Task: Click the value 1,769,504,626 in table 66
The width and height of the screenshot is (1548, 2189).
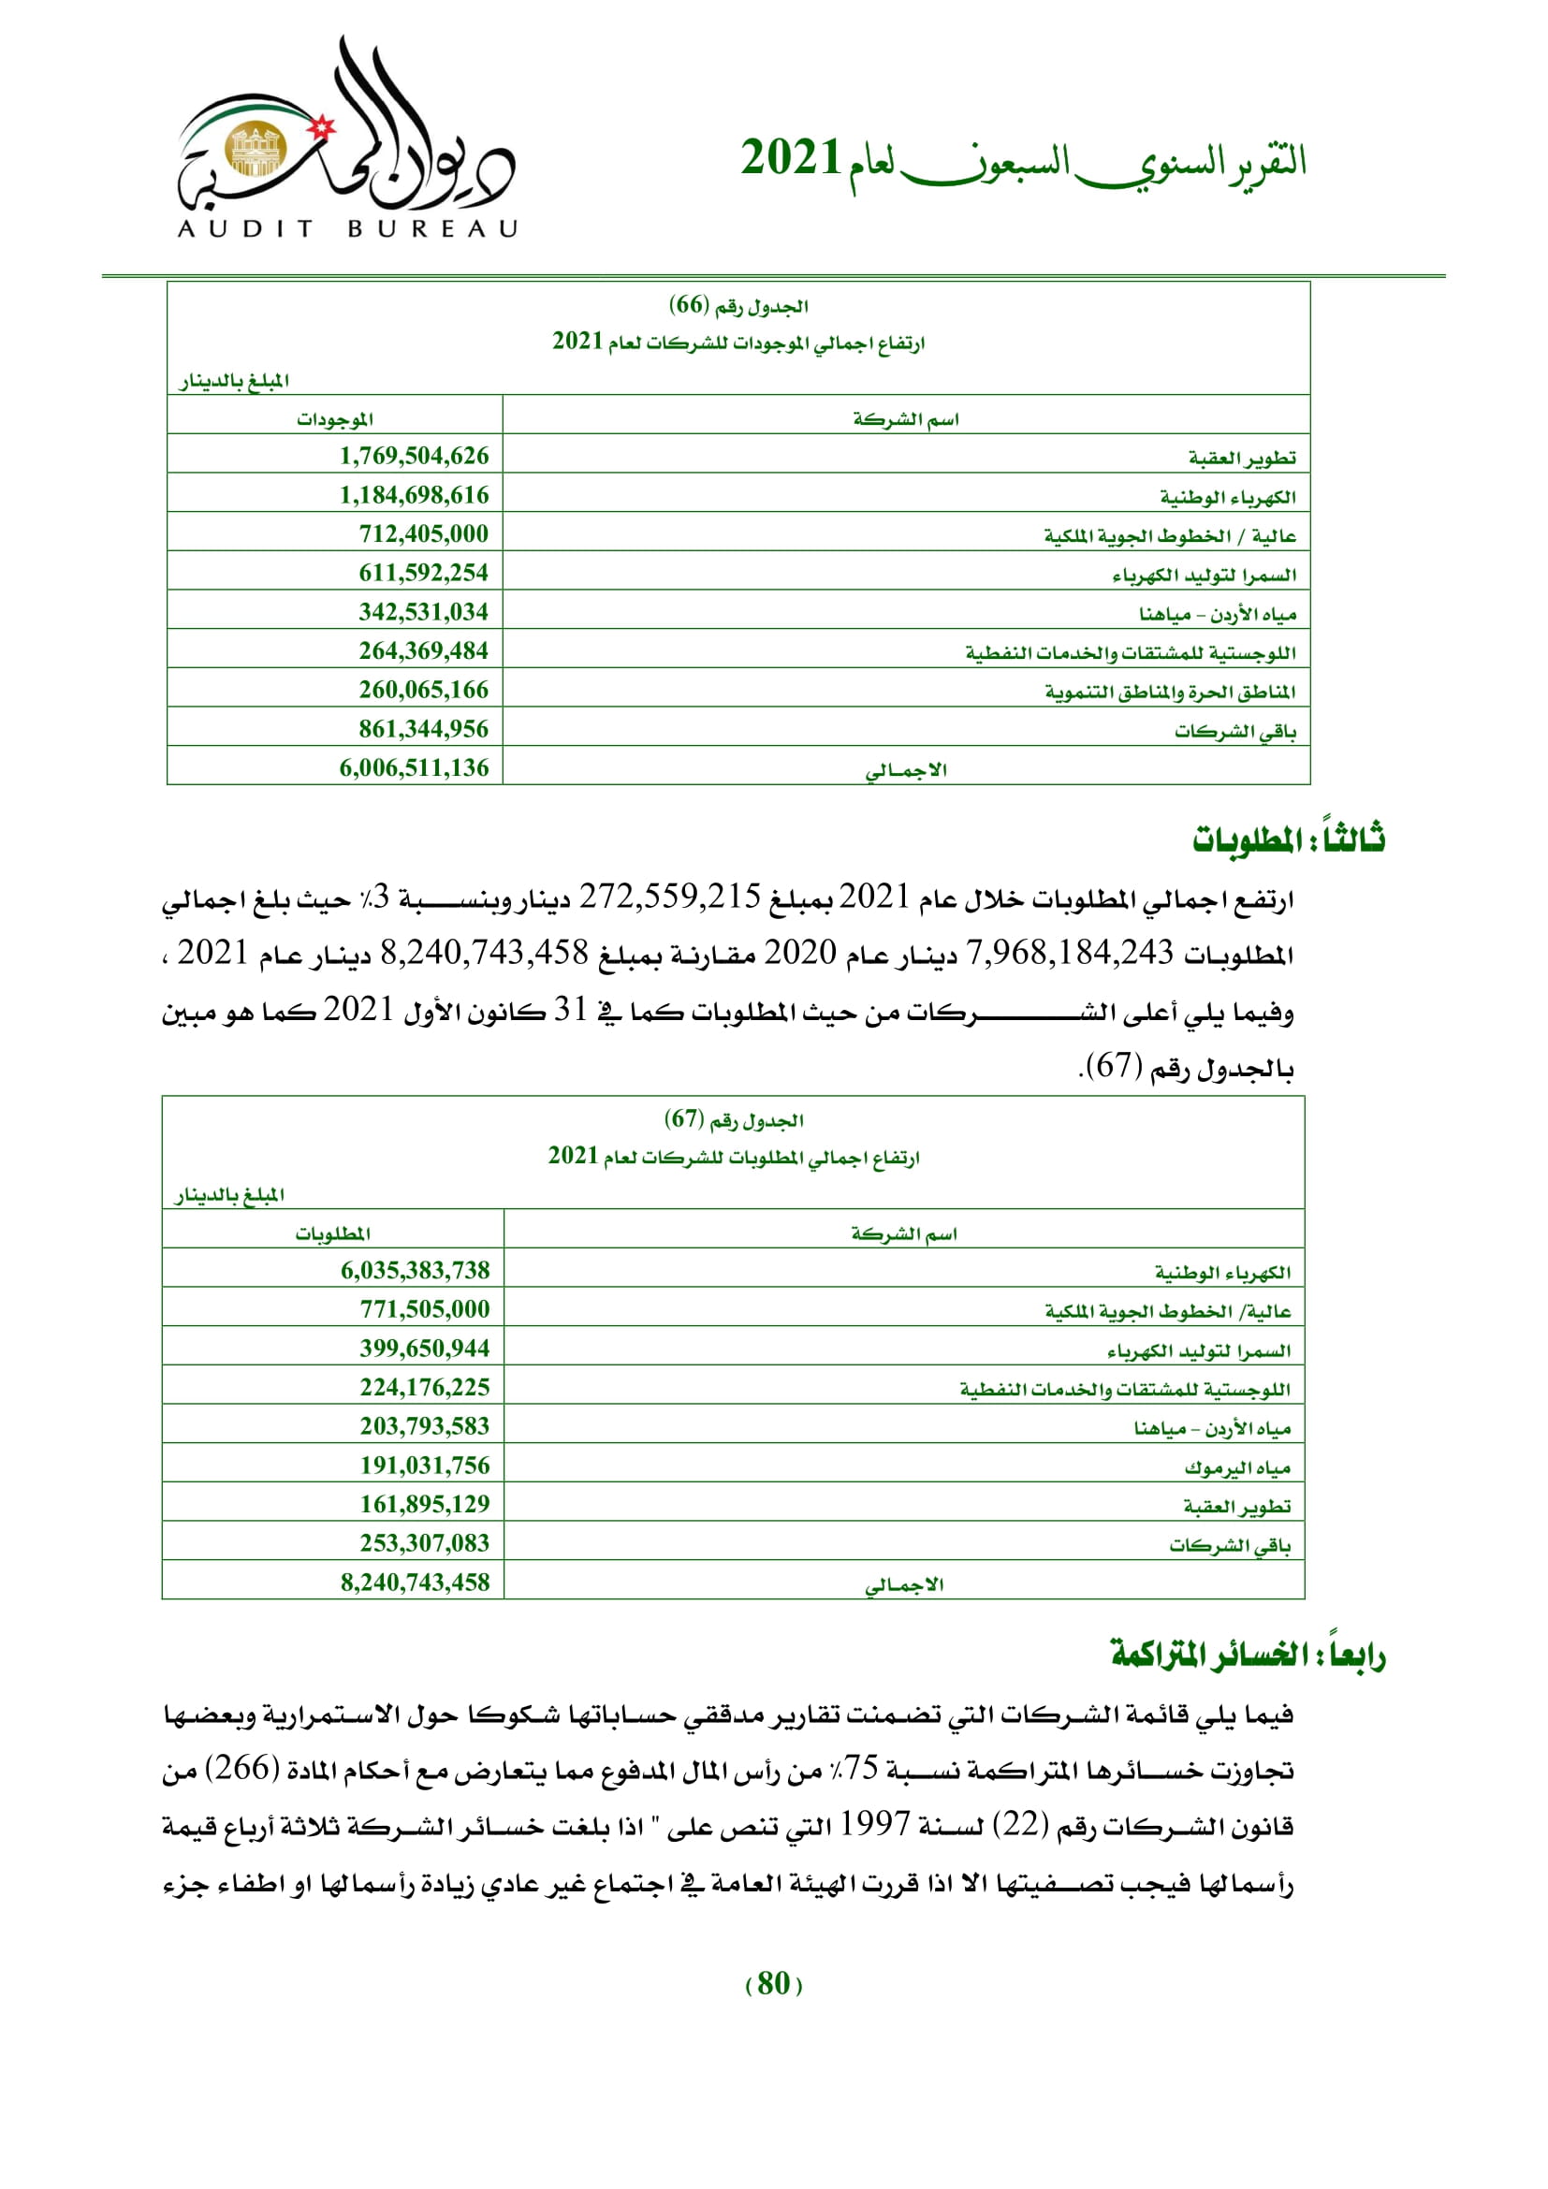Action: [x=414, y=456]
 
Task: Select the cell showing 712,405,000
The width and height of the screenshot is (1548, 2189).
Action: [x=423, y=533]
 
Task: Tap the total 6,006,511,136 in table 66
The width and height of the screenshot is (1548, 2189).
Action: [x=414, y=767]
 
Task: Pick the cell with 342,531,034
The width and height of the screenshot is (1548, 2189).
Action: [x=423, y=612]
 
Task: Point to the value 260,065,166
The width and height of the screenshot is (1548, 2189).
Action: [x=423, y=690]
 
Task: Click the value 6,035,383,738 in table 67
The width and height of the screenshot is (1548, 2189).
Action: [x=415, y=1270]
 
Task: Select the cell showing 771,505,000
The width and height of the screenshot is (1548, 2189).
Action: [x=424, y=1309]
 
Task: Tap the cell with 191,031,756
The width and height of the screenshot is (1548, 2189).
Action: [x=424, y=1466]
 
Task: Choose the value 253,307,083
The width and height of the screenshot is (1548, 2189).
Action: [x=424, y=1542]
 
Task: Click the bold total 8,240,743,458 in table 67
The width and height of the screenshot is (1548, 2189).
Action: [x=415, y=1583]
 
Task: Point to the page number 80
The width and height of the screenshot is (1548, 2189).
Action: [x=773, y=1984]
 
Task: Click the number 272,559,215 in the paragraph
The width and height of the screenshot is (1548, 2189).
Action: [x=670, y=897]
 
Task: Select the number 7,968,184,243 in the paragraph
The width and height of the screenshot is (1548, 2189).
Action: [x=1070, y=953]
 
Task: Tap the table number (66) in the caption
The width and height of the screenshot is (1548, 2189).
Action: [x=689, y=305]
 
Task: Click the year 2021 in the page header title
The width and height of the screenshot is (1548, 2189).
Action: [x=790, y=158]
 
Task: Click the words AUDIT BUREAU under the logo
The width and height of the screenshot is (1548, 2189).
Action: [x=348, y=228]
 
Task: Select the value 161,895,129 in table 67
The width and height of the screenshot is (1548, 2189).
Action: [x=424, y=1505]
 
